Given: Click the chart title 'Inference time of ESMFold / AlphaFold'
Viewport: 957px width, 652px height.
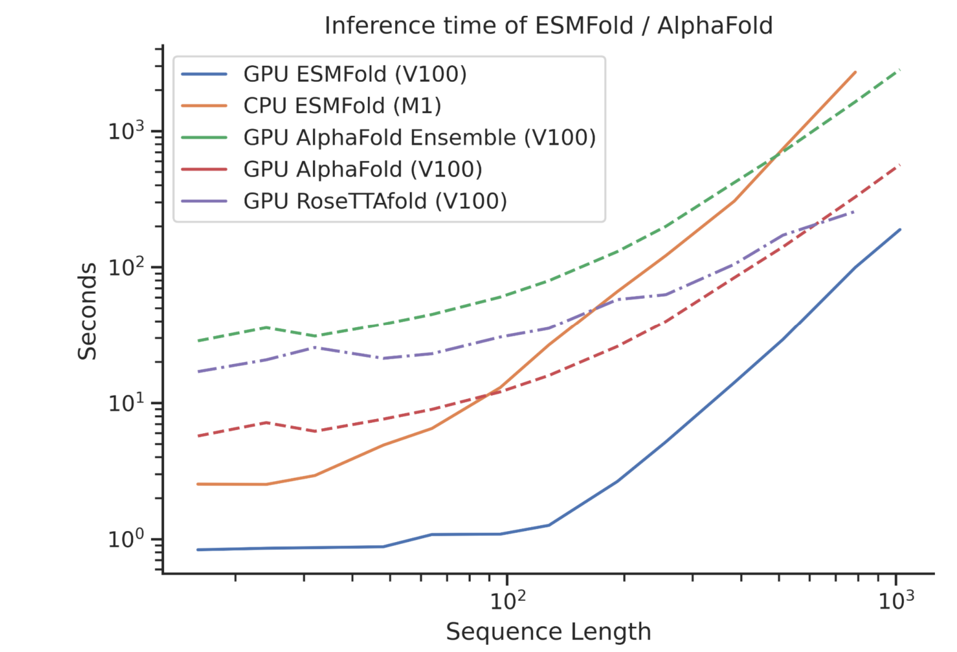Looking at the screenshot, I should (x=548, y=25).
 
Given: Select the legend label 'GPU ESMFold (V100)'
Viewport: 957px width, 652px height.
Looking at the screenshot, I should (x=355, y=74).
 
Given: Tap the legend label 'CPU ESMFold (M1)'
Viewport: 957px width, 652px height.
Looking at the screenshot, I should (x=342, y=106).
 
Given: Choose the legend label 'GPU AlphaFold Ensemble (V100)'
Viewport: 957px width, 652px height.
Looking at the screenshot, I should (x=419, y=138).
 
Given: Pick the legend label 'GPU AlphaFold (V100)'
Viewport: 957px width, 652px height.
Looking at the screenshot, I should (x=363, y=169).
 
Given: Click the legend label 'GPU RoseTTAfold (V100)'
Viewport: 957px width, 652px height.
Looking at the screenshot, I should (x=375, y=201).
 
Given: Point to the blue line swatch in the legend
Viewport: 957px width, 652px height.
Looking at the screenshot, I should (x=204, y=74).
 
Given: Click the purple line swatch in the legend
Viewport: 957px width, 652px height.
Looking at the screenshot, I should (x=204, y=201).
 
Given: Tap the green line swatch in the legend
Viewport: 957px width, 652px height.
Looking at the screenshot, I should (x=204, y=138).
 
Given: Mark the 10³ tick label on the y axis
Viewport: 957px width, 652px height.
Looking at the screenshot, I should (x=126, y=131).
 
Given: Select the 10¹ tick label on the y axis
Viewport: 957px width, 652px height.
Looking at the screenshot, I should (x=126, y=402).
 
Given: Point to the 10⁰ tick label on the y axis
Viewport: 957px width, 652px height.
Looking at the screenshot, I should (x=126, y=539).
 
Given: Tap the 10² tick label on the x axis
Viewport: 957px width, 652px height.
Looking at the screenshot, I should (x=508, y=601).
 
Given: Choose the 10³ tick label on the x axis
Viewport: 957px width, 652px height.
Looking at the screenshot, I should (x=897, y=601).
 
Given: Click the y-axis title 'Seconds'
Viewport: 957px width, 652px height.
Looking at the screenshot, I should (x=87, y=311).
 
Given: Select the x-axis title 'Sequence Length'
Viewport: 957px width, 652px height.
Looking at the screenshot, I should (x=548, y=632).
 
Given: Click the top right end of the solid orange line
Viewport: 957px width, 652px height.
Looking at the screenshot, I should (x=855, y=72).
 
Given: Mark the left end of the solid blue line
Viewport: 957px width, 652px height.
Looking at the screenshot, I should (x=198, y=550).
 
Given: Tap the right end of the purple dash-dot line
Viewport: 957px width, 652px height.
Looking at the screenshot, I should (x=854, y=212).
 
